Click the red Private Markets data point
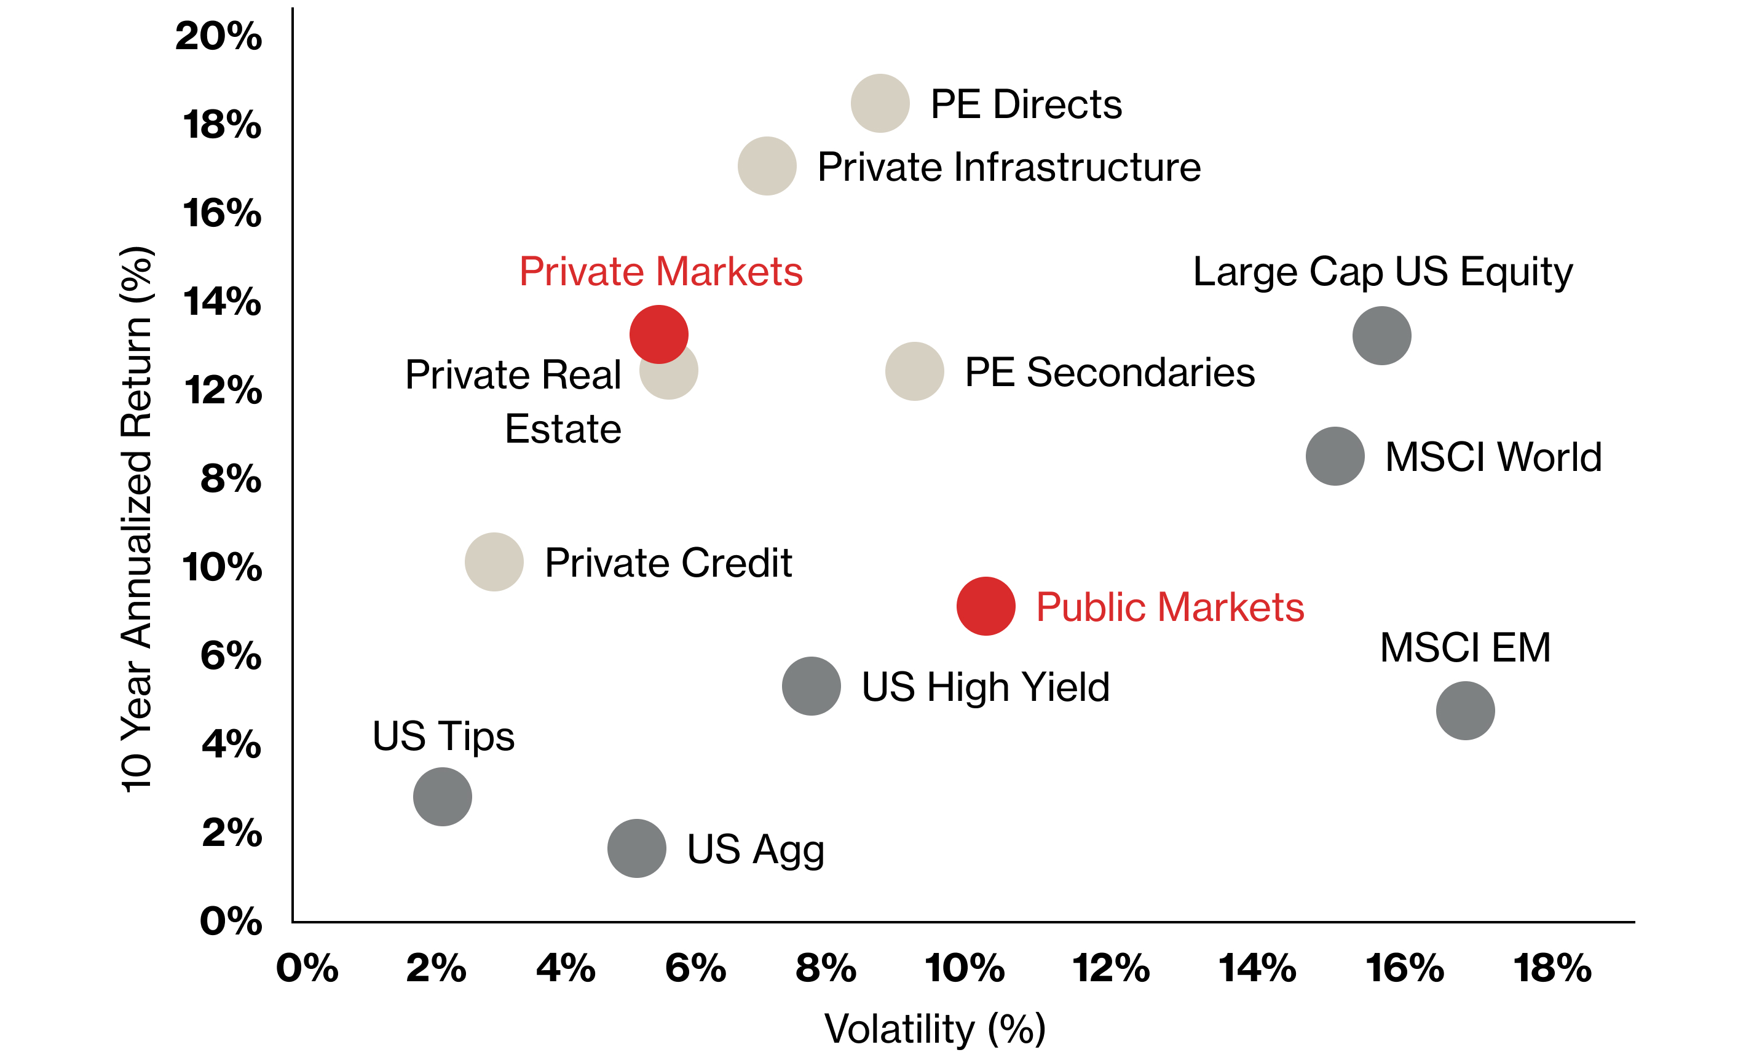658,334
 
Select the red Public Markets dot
985,606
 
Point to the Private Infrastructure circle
767,166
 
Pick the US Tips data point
442,796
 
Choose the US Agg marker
636,848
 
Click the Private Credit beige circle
494,562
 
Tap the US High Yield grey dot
811,686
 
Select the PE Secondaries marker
914,371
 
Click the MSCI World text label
1493,457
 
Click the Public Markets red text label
1169,607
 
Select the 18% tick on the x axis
1552,968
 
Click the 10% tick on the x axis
965,968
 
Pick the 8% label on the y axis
231,478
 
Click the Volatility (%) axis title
934,1028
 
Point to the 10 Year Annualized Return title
136,520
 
